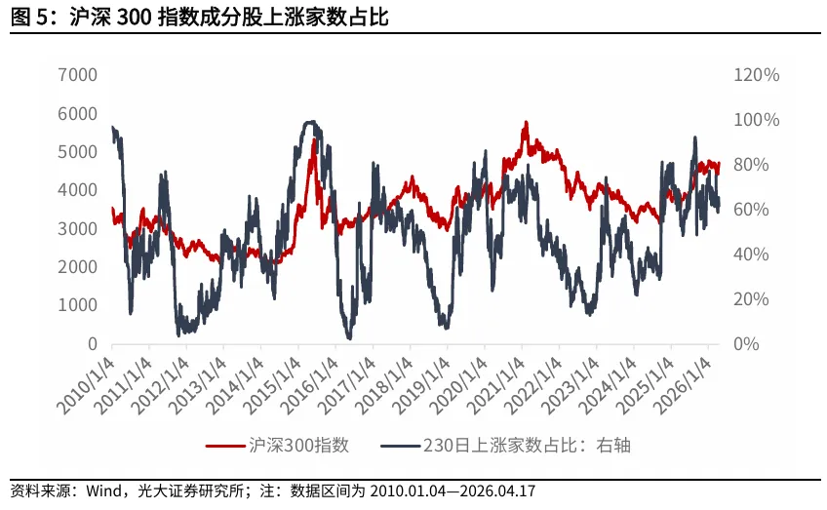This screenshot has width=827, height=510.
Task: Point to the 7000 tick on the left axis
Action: coord(78,75)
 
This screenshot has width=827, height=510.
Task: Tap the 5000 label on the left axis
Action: coord(78,152)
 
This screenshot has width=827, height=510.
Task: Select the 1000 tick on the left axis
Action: coord(78,305)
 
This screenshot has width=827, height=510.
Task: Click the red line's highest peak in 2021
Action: coord(525,123)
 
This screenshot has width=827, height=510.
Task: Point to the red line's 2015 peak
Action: coord(315,139)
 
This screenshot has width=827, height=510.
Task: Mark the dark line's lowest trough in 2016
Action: coord(349,338)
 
